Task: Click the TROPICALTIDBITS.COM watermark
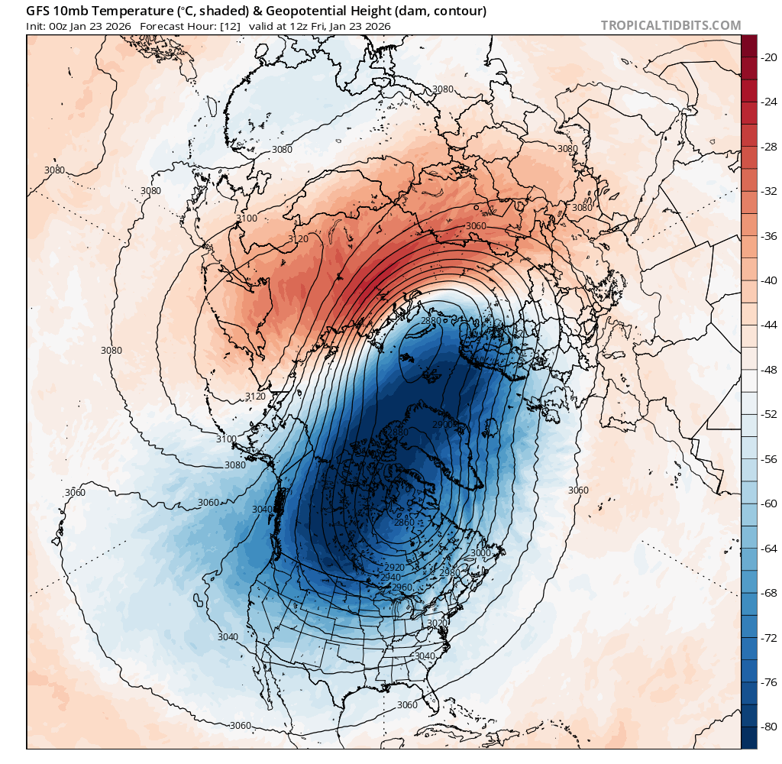coord(671,25)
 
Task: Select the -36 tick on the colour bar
coord(767,235)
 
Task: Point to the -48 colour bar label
coord(767,369)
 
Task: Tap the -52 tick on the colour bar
coord(767,414)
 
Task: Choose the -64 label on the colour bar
coord(767,548)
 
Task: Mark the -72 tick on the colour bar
coord(767,637)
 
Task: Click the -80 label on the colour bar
coord(767,726)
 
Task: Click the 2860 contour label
coord(404,523)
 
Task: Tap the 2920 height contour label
coord(394,568)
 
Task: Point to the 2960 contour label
coord(402,587)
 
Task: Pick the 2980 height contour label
coord(450,572)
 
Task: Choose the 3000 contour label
coord(480,553)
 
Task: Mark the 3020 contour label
coord(438,623)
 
